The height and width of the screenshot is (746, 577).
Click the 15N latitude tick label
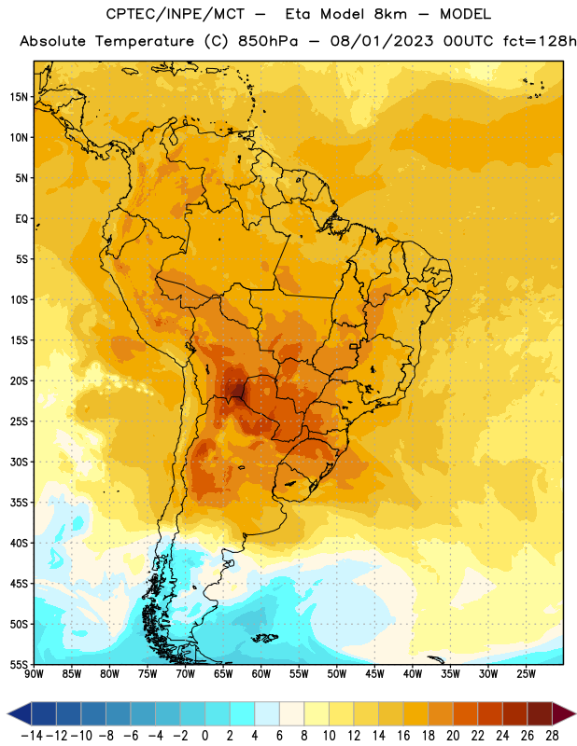click(x=19, y=97)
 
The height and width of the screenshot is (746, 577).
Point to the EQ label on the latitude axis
click(x=21, y=219)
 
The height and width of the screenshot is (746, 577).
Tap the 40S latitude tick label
click(x=19, y=543)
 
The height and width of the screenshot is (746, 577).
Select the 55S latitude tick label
click(x=19, y=665)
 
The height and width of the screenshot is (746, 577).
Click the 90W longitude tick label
click(x=34, y=673)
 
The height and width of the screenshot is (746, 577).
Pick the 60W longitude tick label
click(x=261, y=673)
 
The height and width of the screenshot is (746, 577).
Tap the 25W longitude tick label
click(x=526, y=673)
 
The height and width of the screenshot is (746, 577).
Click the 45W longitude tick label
click(x=374, y=673)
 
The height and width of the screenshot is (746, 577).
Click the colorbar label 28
click(x=552, y=736)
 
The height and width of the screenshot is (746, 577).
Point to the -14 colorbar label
click(x=32, y=736)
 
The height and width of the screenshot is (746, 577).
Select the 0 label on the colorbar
click(x=204, y=736)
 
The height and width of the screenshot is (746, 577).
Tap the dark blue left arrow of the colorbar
click(x=19, y=713)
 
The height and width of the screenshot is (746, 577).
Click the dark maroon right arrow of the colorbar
click(x=564, y=713)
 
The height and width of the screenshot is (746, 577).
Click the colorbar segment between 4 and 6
click(x=267, y=713)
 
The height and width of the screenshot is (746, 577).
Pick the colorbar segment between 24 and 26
click(x=515, y=713)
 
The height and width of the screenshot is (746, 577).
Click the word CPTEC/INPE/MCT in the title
click(x=175, y=14)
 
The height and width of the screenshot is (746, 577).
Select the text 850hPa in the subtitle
click(x=268, y=41)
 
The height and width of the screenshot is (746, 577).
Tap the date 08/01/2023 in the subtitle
click(x=382, y=41)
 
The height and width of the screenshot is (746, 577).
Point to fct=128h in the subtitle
click(x=540, y=41)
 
